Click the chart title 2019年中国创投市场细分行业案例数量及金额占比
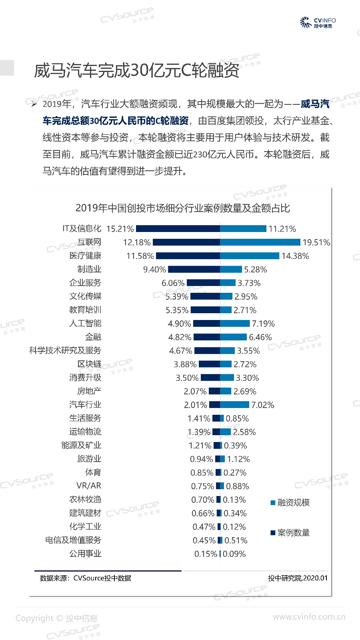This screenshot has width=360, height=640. point(182,208)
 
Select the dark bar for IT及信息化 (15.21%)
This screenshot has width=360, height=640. point(178,229)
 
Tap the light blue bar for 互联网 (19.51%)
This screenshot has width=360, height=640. point(260,242)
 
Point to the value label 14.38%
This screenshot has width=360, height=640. point(295,256)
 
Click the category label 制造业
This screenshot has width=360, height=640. point(89,269)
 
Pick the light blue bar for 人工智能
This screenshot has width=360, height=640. point(235,324)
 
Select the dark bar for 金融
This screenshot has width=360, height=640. point(207,337)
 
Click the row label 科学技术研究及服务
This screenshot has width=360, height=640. point(65,350)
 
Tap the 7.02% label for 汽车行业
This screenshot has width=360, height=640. point(262,405)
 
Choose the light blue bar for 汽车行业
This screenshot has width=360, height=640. point(234,405)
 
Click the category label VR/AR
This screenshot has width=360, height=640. point(89,486)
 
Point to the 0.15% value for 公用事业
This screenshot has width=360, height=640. point(206,554)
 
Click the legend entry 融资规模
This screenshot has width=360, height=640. point(293,503)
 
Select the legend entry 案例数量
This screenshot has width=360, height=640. point(293,533)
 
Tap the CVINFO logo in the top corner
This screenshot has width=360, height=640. point(318,22)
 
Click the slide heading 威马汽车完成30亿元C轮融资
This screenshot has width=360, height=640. point(136,71)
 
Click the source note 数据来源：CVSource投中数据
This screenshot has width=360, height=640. point(86,578)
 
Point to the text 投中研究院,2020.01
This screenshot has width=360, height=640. point(298,578)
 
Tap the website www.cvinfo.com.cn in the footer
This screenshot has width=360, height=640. point(309,617)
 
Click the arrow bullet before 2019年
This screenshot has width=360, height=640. point(34,104)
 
